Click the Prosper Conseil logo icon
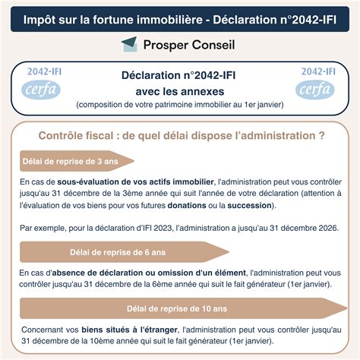point(129,45)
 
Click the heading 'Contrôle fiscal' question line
point(181,136)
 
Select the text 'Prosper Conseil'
point(189,45)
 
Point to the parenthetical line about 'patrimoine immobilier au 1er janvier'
point(179,103)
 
